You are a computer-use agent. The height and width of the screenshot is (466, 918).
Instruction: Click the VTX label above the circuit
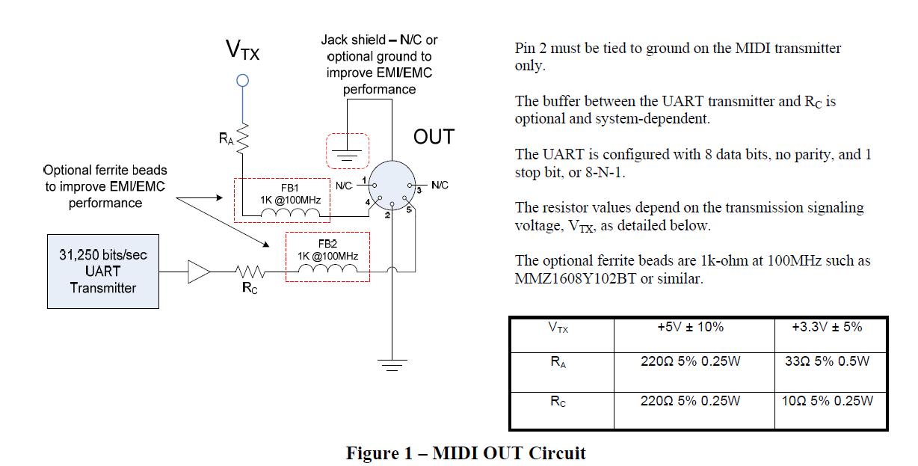pos(242,51)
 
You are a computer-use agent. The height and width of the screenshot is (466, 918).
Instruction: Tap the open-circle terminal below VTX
pos(241,81)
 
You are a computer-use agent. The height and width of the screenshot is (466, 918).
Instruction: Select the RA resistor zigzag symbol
pos(241,138)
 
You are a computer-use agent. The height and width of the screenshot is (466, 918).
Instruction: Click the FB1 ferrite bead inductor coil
pos(289,214)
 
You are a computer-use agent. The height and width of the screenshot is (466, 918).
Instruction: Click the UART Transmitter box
pos(103,272)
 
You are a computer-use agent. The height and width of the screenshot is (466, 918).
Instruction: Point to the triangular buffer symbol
pos(199,272)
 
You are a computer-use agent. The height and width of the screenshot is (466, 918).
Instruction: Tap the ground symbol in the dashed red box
pos(347,153)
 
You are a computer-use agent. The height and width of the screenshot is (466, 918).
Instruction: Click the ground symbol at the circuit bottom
pos(391,364)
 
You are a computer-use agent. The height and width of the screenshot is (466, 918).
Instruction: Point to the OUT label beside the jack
pos(434,138)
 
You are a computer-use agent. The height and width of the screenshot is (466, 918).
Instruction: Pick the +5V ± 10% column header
pos(690,327)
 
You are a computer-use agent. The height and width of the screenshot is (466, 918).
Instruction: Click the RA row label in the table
pos(558,363)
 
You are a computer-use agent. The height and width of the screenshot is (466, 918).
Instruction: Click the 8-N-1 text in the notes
pos(605,172)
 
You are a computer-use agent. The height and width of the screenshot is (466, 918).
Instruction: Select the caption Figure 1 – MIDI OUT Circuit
pos(466,453)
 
